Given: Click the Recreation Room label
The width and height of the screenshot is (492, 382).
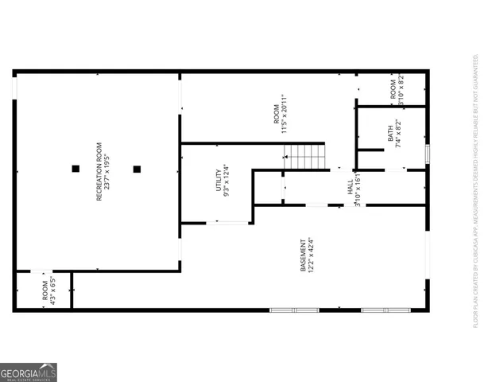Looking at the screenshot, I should (99, 170).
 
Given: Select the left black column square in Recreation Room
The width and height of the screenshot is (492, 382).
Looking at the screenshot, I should (76, 168).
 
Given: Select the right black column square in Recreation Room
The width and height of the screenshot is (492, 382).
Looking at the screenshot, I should (137, 168).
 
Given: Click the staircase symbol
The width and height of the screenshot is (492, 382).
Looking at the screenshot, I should (304, 156).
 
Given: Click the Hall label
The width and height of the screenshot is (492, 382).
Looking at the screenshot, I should (350, 189).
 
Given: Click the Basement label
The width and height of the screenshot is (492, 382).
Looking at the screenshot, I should (303, 255).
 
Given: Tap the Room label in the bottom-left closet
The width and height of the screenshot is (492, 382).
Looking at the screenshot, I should (45, 291).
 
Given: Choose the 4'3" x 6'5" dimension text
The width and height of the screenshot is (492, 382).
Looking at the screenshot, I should (53, 291).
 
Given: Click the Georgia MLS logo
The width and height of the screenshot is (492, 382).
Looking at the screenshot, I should (29, 372).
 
